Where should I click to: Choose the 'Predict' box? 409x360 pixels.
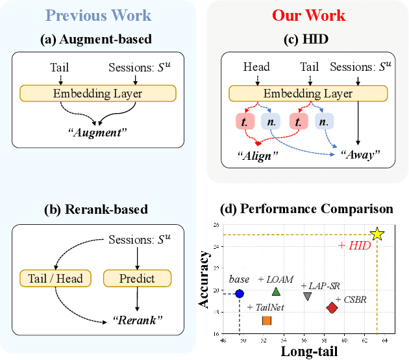tap(137, 279)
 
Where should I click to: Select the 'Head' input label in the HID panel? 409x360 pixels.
tap(256, 67)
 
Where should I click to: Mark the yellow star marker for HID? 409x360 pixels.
tap(377, 235)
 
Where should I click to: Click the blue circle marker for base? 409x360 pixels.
tap(240, 294)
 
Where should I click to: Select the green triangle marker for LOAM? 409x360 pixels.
tap(276, 292)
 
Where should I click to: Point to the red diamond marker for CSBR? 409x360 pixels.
tap(332, 308)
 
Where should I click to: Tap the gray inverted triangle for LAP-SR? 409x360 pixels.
tap(308, 296)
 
